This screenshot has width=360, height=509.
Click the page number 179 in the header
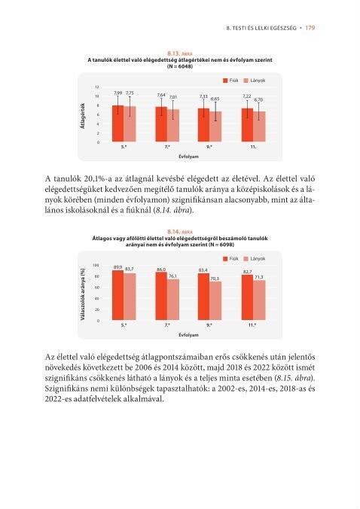click(310, 28)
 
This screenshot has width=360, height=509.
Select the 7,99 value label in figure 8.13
click(117, 93)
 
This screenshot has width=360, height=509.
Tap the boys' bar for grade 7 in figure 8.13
click(161, 124)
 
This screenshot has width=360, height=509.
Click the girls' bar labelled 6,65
click(215, 126)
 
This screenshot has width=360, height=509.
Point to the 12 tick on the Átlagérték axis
click(97, 87)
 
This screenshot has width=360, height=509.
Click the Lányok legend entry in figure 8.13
click(255, 81)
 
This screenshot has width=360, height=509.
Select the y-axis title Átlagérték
click(83, 115)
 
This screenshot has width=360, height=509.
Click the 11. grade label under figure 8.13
click(253, 147)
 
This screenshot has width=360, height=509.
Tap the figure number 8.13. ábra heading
click(180, 53)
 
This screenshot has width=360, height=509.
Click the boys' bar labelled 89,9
click(117, 295)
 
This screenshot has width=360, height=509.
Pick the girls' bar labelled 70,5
click(215, 300)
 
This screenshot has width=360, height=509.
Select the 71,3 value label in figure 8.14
click(258, 277)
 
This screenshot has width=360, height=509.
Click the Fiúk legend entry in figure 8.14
click(230, 259)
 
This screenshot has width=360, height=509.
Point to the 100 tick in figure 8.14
click(96, 265)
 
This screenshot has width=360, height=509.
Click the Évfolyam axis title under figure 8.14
click(188, 334)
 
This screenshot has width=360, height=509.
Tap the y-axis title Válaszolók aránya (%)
click(83, 294)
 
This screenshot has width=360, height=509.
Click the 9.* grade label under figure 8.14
click(209, 325)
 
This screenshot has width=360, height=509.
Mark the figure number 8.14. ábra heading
click(180, 232)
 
